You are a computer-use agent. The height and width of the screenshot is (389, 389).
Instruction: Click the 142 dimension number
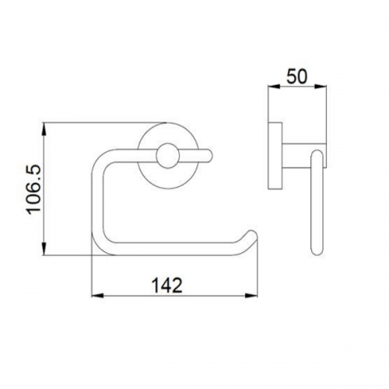[167, 285]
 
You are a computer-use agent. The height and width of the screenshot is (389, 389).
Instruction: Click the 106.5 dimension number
[34, 189]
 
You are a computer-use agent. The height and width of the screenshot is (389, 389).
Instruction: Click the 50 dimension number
[297, 76]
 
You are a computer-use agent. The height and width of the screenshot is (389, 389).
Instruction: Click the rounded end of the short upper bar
[209, 156]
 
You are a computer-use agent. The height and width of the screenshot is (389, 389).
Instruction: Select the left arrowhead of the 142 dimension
[98, 296]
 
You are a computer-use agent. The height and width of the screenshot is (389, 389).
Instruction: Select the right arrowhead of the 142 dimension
[253, 296]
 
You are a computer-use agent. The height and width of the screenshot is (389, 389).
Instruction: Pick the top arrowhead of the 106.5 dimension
[44, 129]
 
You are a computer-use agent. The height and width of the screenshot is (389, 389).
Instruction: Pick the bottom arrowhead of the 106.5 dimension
[44, 249]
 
